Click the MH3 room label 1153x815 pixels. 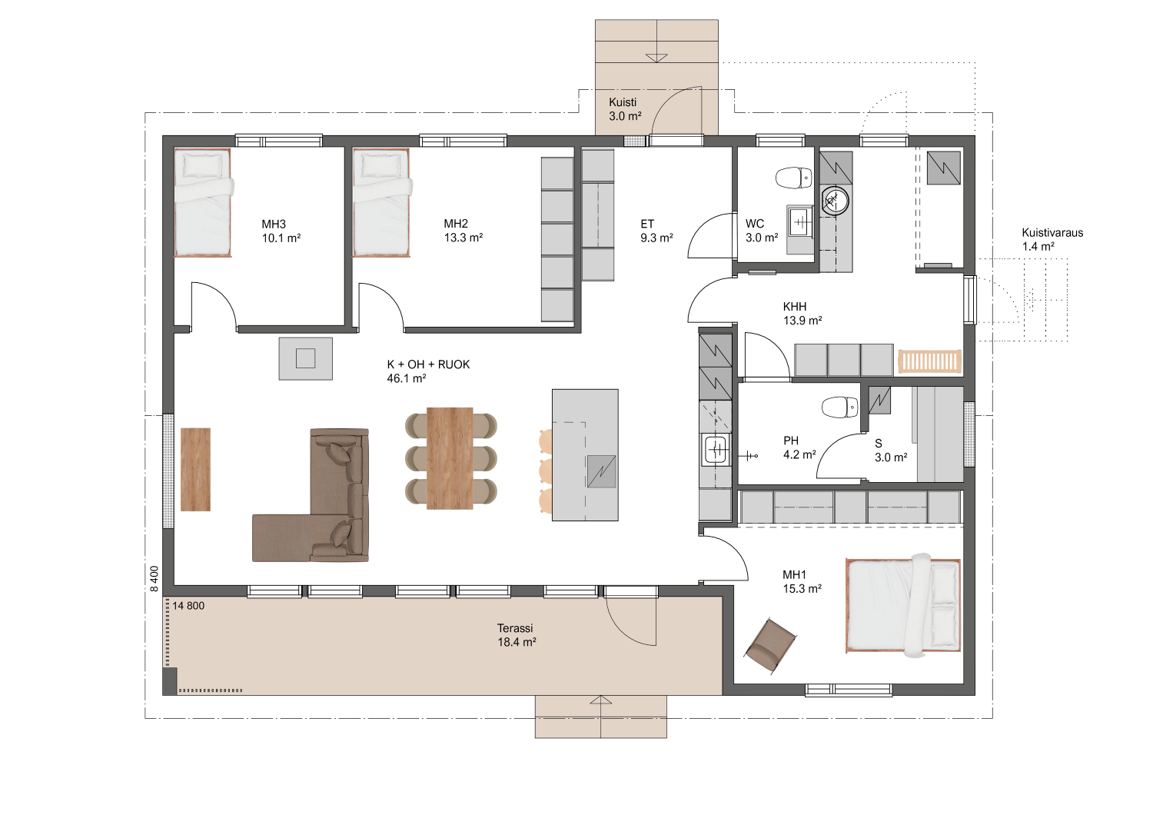[274, 224]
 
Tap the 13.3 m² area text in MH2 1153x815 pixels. [464, 238]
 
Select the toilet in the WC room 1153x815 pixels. [793, 178]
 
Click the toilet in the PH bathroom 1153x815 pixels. [839, 407]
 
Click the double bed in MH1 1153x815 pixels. [903, 605]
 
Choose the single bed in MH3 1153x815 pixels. [203, 202]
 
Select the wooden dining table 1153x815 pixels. [450, 458]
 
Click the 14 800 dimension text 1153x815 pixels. [188, 606]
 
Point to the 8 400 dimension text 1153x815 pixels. [155, 579]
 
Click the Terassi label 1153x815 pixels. [515, 628]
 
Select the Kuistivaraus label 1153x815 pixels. [1052, 233]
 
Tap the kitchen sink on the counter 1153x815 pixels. [716, 450]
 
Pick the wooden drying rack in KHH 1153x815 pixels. [929, 361]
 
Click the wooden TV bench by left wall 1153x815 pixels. [195, 469]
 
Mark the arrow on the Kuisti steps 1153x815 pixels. [656, 58]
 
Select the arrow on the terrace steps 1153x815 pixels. [600, 700]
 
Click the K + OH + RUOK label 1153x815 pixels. [428, 364]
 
